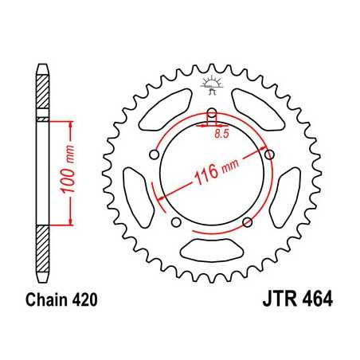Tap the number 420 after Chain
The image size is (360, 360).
click(x=83, y=301)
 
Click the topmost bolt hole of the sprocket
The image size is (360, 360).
click(x=213, y=113)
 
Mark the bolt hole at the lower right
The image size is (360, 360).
click(x=248, y=221)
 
